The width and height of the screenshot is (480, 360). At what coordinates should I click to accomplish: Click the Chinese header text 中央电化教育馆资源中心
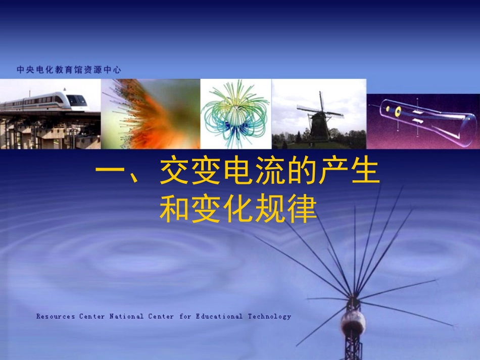(69, 70)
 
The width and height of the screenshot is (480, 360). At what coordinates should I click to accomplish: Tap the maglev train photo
(50, 114)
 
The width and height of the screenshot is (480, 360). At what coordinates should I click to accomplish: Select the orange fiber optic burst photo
(151, 114)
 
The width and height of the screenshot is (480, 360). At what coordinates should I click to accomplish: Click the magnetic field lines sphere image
(235, 114)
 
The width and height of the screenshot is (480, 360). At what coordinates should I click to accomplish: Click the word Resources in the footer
(56, 317)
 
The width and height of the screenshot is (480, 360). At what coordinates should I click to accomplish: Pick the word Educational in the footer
(219, 317)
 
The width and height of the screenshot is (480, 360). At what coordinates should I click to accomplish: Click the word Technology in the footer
(269, 317)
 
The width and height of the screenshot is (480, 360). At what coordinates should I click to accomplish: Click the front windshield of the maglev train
(76, 100)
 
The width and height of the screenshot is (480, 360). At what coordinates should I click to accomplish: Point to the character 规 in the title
(270, 209)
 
